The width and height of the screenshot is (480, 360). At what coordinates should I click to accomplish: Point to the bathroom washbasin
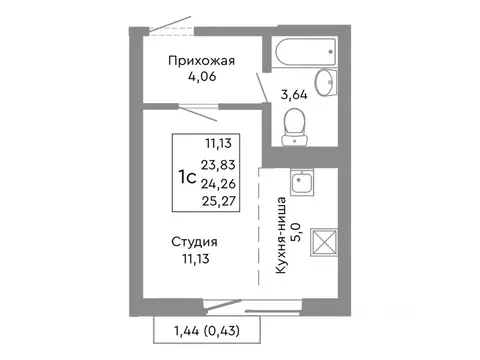326,83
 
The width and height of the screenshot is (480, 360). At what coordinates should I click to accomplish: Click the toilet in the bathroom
295,126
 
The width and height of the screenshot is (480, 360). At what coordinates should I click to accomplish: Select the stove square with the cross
325,243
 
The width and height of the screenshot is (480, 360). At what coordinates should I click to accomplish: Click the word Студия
195,242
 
